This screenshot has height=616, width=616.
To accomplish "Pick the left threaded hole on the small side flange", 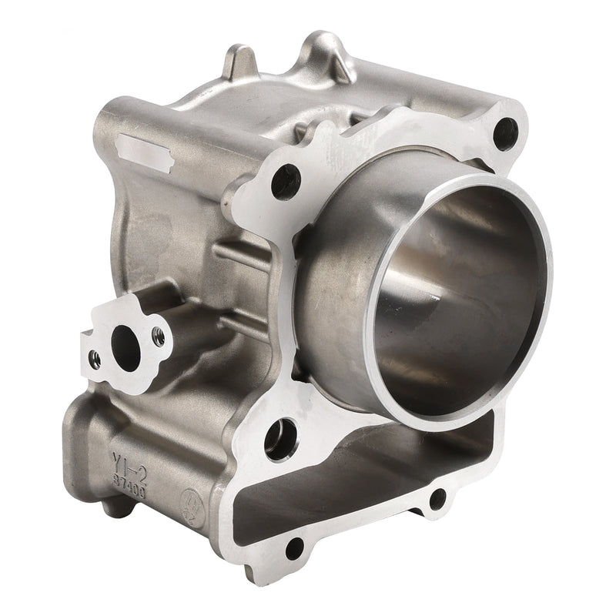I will coord(94,357).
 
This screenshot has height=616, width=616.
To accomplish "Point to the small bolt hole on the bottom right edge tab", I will coord(437,499).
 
